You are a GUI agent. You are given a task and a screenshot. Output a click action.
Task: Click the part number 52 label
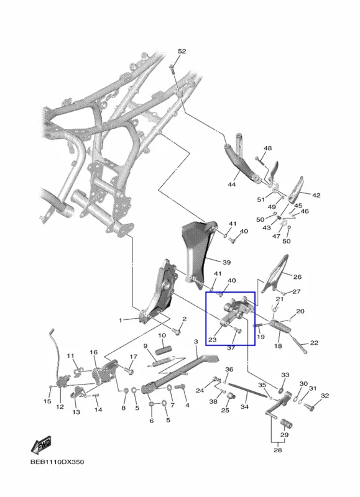[x=182, y=52]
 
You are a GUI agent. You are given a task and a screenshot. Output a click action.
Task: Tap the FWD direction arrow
[x=41, y=445]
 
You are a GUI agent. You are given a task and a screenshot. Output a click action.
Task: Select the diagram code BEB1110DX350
[x=57, y=462]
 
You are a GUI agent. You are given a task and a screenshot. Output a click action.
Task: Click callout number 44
[x=232, y=184]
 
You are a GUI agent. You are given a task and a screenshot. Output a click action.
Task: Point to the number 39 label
[x=226, y=262]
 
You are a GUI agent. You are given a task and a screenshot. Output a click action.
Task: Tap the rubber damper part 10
[x=164, y=350]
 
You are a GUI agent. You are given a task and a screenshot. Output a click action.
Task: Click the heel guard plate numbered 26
[x=275, y=274]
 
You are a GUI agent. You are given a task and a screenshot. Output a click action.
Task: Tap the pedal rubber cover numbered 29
[x=286, y=424]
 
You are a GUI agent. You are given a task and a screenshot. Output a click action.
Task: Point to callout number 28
[x=277, y=450]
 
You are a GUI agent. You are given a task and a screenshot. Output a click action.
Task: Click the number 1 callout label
[x=120, y=321]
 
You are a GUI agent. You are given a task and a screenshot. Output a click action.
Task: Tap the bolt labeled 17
[x=129, y=370]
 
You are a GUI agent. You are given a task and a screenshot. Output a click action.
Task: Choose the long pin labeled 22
[x=298, y=345]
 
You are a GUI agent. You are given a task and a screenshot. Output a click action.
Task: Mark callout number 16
[x=93, y=352]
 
